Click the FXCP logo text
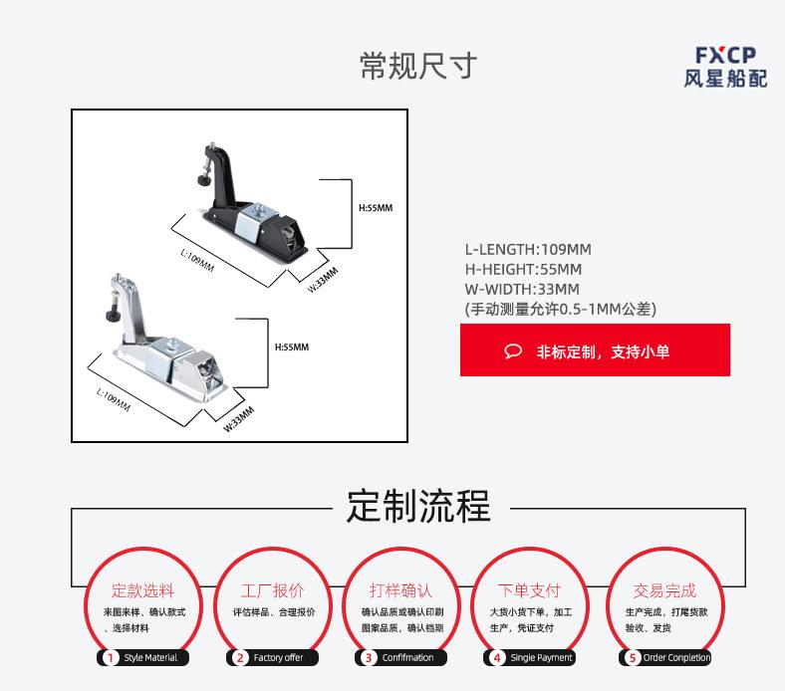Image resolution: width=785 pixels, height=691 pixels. (x=725, y=55)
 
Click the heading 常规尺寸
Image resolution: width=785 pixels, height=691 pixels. (x=418, y=66)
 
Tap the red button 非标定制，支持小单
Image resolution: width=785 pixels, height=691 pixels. (x=595, y=350)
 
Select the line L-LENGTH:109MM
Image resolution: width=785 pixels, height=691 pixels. (x=528, y=250)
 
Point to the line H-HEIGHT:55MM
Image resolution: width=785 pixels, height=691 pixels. (x=523, y=270)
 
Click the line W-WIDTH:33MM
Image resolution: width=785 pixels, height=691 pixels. (x=522, y=290)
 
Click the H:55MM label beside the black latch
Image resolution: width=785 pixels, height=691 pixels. (x=376, y=208)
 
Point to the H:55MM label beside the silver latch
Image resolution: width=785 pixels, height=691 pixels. (x=292, y=346)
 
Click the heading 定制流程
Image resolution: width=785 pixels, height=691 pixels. (x=418, y=506)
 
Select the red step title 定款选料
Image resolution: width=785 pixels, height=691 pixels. (x=142, y=590)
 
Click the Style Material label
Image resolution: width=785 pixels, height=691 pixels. (x=151, y=657)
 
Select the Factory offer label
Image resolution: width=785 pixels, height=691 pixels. (x=278, y=657)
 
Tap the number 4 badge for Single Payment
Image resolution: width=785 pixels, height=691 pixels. (x=496, y=657)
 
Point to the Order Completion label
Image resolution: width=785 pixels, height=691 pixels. (x=676, y=657)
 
